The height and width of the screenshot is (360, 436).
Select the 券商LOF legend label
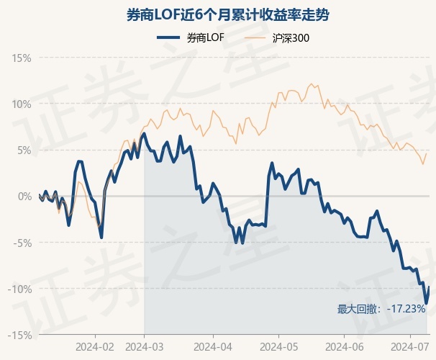tap(205, 38)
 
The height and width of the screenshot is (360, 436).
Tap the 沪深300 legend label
tap(292, 38)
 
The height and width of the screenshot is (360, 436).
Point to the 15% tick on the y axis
tap(22, 57)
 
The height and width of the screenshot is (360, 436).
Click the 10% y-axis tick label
tap(22, 104)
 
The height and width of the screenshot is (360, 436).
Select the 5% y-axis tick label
tap(24, 150)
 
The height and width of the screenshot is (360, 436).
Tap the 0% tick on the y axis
tap(24, 196)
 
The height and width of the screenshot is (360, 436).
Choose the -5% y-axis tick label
tap(22, 243)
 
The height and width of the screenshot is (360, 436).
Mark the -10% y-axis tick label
tap(20, 289)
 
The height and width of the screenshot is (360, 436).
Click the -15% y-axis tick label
tap(20, 335)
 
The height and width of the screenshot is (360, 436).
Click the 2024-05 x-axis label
tap(278, 347)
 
